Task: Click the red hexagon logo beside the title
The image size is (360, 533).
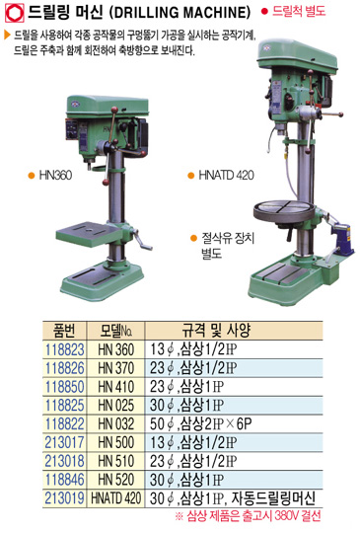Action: coord(14,13)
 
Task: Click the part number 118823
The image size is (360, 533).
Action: coord(64,349)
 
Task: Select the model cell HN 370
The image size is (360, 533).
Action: coord(116,368)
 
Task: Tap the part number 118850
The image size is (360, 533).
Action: coord(64,387)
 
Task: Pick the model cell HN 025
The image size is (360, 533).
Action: coord(116,406)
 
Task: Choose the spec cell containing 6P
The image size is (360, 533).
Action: coord(201,423)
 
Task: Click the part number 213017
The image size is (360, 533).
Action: coord(64,442)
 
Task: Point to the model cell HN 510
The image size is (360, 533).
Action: coord(116,461)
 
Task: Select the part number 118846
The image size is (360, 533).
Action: coord(64,480)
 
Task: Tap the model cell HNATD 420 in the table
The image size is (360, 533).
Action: coord(115,498)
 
